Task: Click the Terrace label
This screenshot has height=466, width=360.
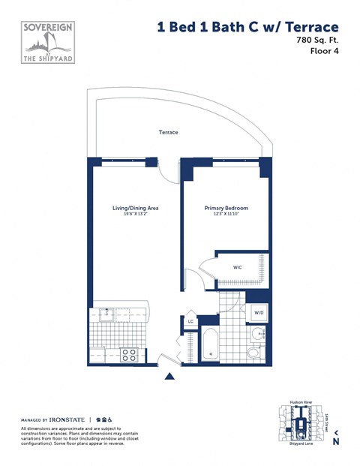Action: pyautogui.click(x=168, y=132)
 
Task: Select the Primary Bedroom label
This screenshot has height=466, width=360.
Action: pyautogui.click(x=226, y=208)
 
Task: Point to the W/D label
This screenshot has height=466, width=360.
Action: pyautogui.click(x=258, y=312)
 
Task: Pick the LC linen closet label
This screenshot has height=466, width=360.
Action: pyautogui.click(x=191, y=322)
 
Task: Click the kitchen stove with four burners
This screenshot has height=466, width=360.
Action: pyautogui.click(x=129, y=354)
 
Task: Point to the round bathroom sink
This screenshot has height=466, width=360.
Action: pyautogui.click(x=257, y=335)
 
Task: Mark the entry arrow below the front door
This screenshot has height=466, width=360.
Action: pyautogui.click(x=170, y=377)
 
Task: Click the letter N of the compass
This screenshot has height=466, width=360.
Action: pyautogui.click(x=335, y=442)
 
